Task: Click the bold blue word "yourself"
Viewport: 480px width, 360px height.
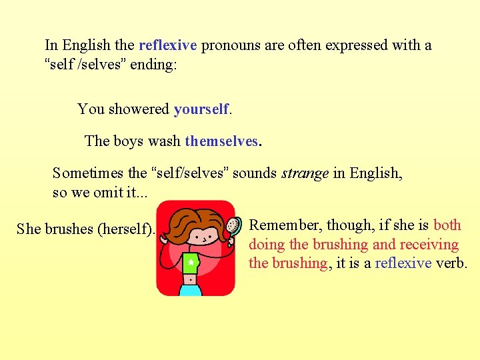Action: [201, 109]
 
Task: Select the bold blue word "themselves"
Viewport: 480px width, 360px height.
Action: [221, 141]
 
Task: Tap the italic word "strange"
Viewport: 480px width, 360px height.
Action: [305, 173]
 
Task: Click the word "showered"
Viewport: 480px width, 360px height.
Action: [138, 109]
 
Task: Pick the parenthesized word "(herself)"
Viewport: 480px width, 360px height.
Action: [126, 229]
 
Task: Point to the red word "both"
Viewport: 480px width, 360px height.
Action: [447, 225]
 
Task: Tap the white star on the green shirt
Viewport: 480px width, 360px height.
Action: [191, 263]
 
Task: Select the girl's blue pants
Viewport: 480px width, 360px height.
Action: [190, 289]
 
